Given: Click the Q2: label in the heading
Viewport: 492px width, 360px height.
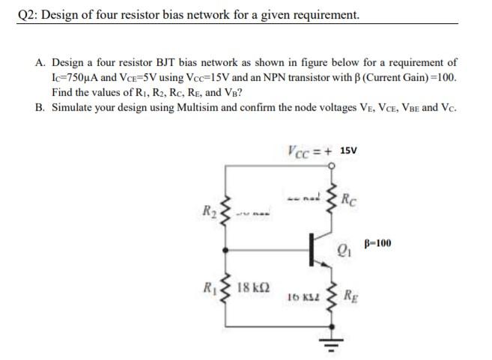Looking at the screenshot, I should coord(29,14).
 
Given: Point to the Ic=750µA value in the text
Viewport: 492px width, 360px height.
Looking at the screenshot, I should coord(81,78).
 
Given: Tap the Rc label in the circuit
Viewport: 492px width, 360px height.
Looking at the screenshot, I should coord(347,199).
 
